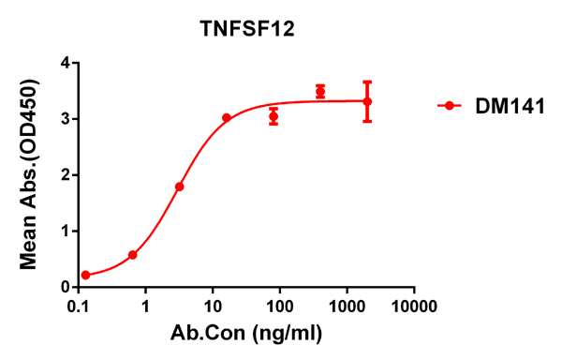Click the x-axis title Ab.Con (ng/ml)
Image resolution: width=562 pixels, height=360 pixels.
(247, 333)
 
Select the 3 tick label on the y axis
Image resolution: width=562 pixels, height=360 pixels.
(66, 119)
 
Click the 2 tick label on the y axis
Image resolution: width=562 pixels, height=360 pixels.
(66, 175)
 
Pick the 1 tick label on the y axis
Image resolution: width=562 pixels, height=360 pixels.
(66, 231)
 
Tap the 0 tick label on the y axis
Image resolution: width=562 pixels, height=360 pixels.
(66, 287)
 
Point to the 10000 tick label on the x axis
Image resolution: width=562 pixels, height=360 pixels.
(414, 307)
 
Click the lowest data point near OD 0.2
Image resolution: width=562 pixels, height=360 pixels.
(86, 275)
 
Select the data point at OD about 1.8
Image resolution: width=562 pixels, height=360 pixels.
(180, 187)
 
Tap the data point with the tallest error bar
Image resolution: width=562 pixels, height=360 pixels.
(367, 101)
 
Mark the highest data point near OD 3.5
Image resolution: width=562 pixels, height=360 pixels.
(320, 91)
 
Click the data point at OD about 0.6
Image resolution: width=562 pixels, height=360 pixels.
(133, 255)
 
